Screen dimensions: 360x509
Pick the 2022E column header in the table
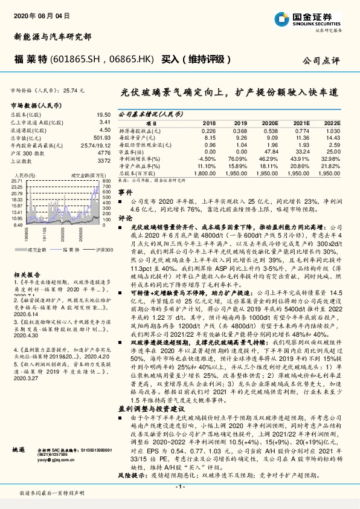point(333,122)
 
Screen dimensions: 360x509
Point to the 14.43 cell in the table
point(333,138)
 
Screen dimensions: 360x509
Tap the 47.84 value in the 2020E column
point(271,152)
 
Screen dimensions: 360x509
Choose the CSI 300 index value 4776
point(104,153)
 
